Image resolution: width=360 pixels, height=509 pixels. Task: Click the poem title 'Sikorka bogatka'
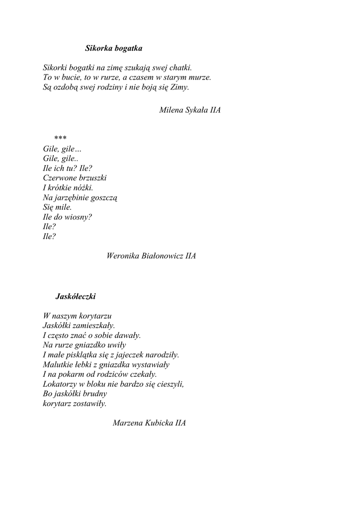point(113,49)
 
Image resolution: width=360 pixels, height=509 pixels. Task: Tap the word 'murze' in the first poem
point(199,78)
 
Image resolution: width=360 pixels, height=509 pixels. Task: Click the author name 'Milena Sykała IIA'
point(190,110)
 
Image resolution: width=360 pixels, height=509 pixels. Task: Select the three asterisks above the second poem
point(61,138)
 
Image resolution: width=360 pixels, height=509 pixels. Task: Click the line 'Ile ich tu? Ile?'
point(68,169)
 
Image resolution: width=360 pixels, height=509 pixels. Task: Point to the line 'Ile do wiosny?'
point(68,217)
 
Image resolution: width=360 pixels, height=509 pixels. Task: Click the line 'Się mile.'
point(58,207)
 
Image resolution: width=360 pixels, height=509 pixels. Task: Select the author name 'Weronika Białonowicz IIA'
point(151,256)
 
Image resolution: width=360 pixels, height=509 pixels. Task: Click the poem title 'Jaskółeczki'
point(76,297)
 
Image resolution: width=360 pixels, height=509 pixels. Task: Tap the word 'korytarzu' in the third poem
point(95,316)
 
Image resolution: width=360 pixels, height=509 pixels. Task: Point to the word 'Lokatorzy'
point(60,384)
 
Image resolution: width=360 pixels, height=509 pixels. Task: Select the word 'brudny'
point(89,394)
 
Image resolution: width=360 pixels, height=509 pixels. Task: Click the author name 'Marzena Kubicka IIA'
point(149,424)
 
